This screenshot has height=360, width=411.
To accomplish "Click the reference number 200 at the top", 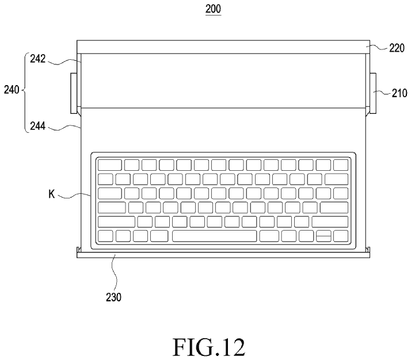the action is point(213,9).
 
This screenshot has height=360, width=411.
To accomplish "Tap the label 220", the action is point(397,48).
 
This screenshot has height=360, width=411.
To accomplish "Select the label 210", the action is point(399,93).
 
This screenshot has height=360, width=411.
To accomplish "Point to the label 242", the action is point(38,59).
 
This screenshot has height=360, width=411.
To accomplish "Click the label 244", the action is point(38,126).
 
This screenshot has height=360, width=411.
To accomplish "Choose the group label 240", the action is point(12,90).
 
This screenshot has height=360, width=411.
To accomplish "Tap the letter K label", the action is point(52,194).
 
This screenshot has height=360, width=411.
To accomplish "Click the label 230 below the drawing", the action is point(113,297).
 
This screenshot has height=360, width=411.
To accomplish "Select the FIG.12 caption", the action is point(209,347).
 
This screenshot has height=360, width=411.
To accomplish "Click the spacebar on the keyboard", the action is point(214,236).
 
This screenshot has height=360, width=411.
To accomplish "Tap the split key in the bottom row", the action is point(324,236).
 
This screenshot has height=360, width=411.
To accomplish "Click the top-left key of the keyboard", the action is point(110,165).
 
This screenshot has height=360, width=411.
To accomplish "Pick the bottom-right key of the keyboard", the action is point(341,236).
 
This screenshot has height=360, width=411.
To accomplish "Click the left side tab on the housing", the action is point(74,93).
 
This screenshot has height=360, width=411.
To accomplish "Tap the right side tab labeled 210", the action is point(373,93).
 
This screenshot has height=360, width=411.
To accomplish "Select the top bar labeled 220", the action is point(223,47).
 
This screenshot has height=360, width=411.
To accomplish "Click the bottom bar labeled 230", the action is point(223,255).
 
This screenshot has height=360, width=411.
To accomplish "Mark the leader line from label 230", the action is point(115,272).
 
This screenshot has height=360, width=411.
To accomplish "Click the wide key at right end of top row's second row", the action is point(337,179).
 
